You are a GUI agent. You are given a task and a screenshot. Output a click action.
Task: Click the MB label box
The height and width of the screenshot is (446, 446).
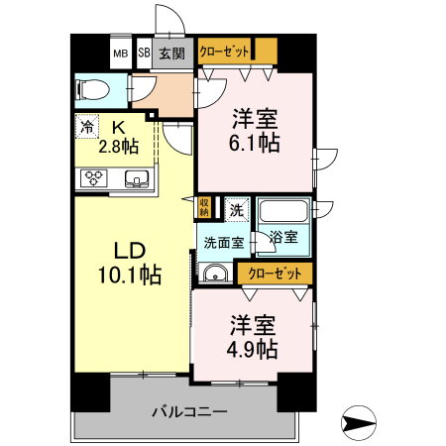click(120, 54)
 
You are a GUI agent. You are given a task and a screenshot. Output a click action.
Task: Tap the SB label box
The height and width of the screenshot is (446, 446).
click(144, 54)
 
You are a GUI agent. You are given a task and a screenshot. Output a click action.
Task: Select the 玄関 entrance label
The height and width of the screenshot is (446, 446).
click(171, 54)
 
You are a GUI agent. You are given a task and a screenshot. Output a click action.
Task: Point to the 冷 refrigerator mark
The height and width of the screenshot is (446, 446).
click(87, 127)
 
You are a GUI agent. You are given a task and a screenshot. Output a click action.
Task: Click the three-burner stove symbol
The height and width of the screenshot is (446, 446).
click(94, 179)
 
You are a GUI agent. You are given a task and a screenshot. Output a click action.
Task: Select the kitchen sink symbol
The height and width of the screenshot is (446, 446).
click(136, 179)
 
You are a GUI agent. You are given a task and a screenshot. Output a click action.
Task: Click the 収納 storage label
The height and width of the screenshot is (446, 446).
click(204, 207)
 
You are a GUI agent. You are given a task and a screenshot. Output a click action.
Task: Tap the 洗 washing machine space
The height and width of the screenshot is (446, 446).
click(236, 209)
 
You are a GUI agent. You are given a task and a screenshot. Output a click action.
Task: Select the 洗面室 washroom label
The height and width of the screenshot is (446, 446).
click(223, 241)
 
